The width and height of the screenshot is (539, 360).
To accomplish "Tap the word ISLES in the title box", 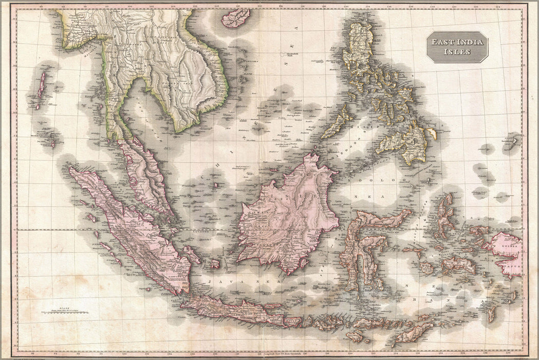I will (x=457, y=51).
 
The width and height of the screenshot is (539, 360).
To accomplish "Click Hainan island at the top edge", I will (x=236, y=18).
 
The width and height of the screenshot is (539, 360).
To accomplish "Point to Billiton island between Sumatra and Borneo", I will (x=214, y=264).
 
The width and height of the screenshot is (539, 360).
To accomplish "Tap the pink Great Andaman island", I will (x=41, y=86).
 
